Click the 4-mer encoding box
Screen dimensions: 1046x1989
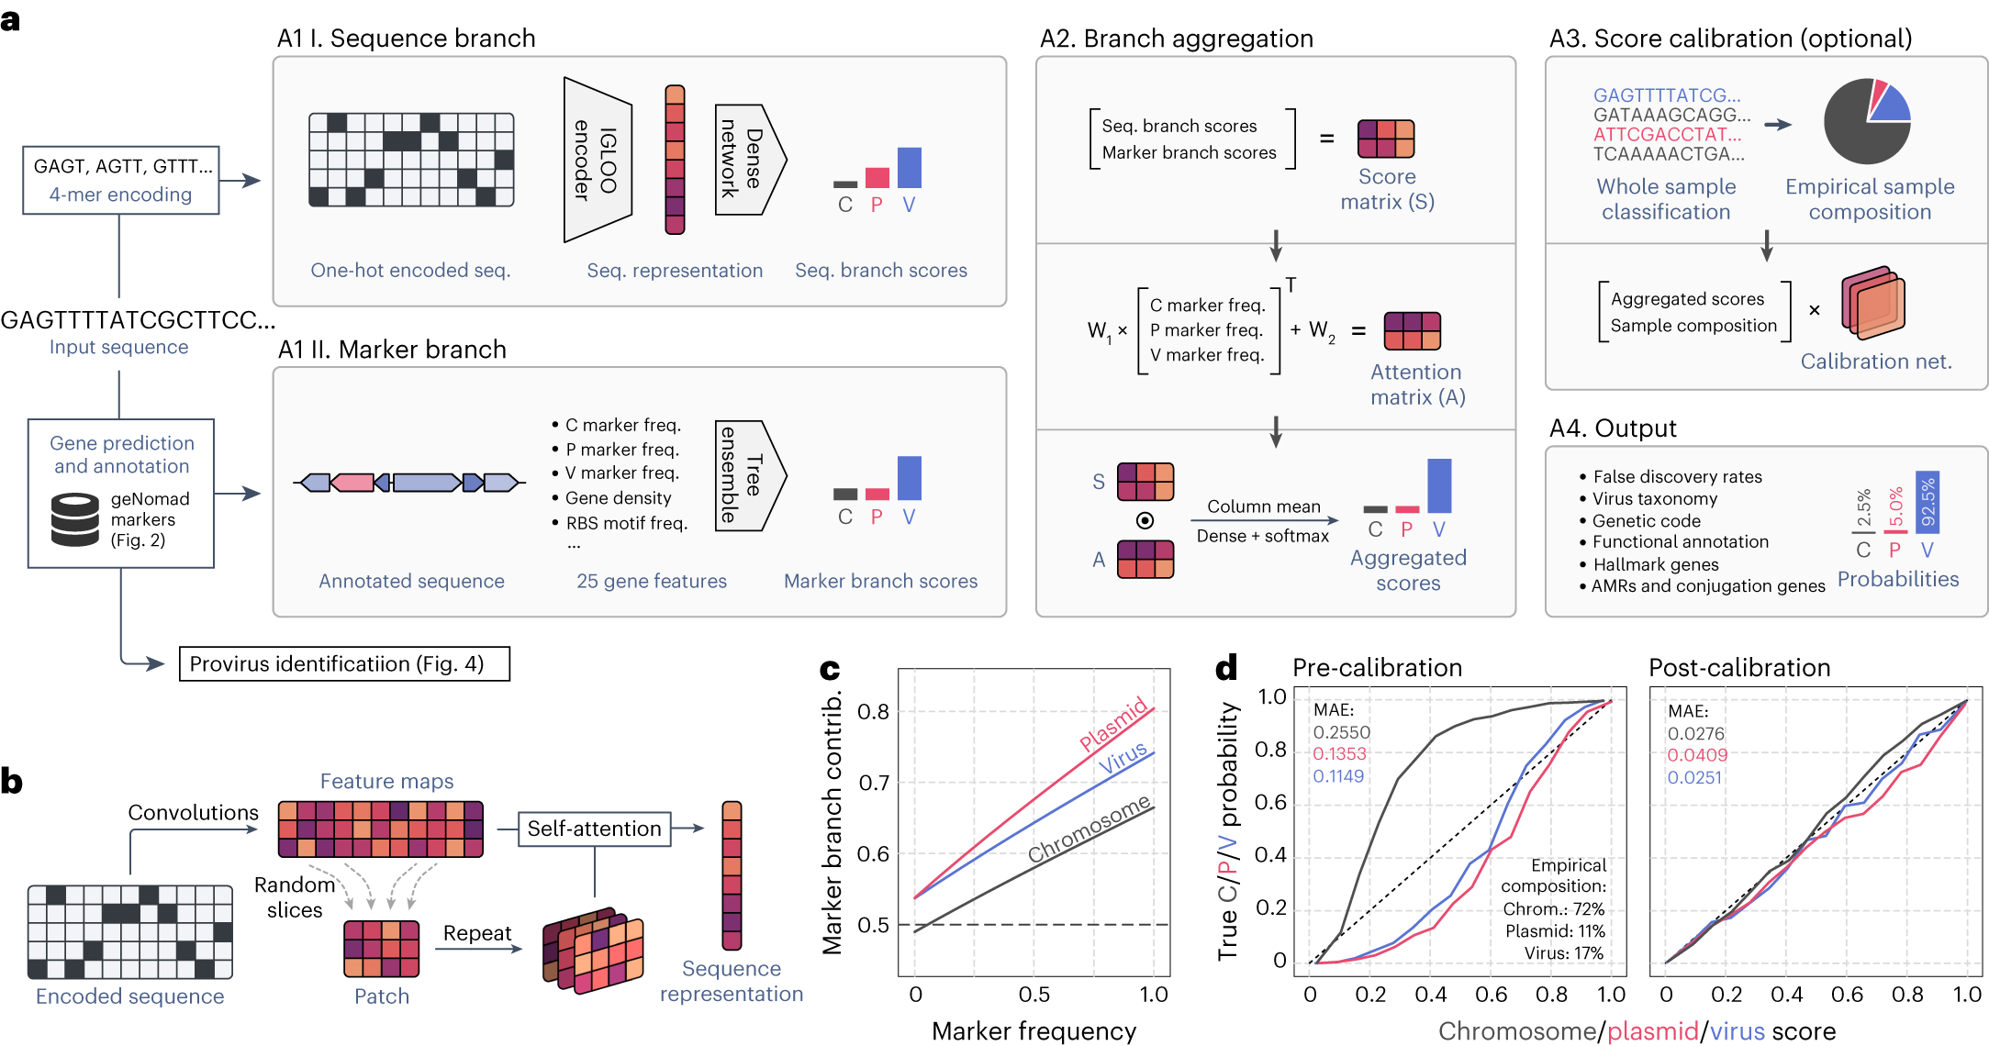[121, 180]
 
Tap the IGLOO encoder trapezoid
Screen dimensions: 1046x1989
[597, 160]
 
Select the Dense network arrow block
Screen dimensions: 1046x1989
[748, 161]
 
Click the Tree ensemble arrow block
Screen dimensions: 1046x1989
[748, 475]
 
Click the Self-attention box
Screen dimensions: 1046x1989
[594, 829]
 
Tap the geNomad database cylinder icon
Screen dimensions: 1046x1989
[75, 519]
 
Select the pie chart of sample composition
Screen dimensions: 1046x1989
[1867, 121]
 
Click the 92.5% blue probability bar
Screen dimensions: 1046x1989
[1927, 502]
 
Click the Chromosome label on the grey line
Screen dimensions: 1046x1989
[1089, 829]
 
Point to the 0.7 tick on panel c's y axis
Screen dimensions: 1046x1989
[873, 783]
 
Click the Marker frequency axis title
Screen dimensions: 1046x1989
[1034, 1031]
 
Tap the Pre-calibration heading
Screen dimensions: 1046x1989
[1377, 667]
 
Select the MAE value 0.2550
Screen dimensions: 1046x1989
[1341, 732]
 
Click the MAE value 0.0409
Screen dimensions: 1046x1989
[1697, 755]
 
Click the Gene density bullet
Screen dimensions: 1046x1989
[618, 497]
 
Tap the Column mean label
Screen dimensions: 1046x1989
[1263, 506]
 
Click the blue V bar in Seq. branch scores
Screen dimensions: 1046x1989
[909, 168]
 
